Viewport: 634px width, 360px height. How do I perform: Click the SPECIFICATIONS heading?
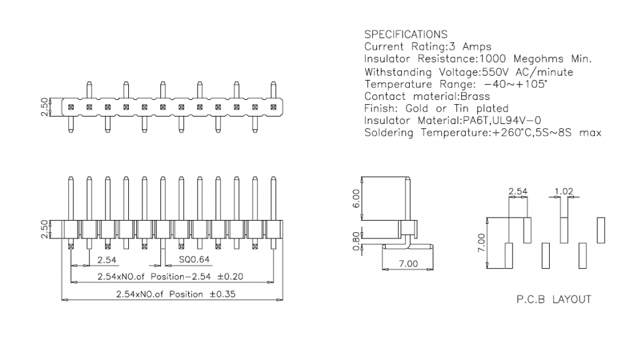[406, 34]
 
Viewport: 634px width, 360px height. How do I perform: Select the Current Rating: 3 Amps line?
[428, 46]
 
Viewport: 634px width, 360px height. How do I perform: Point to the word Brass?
[474, 97]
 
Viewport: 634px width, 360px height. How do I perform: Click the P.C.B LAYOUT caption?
[554, 299]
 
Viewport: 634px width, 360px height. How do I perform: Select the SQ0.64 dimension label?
[193, 260]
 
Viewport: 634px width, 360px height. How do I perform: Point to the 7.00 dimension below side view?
[407, 263]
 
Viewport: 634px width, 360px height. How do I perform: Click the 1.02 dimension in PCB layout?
[563, 192]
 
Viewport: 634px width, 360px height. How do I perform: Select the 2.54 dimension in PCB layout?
[518, 192]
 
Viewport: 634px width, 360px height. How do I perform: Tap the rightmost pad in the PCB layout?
[601, 230]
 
